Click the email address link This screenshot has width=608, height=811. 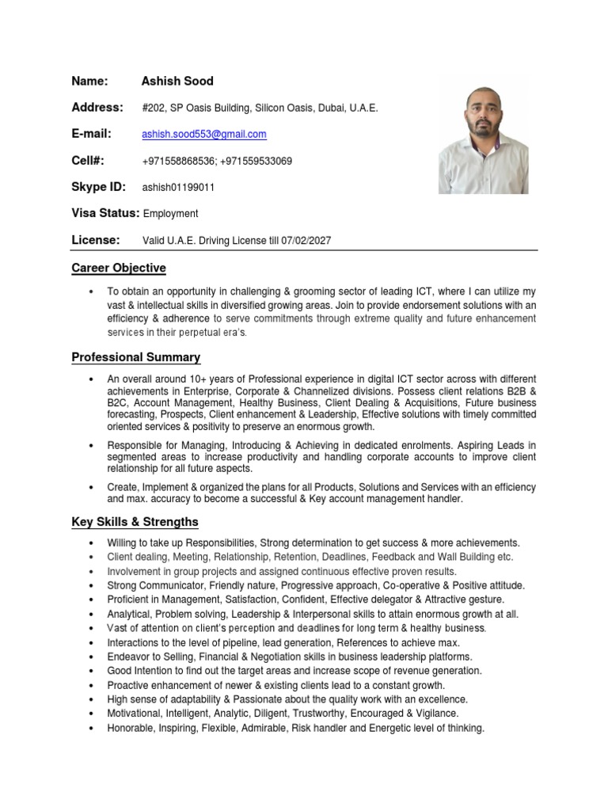tap(203, 135)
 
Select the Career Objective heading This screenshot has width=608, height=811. tap(119, 268)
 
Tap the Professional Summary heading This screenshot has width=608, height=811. tap(135, 357)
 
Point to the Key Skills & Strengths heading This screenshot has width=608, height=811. tap(135, 522)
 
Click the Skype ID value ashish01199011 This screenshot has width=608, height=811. tap(178, 188)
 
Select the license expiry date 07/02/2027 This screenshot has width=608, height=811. tap(306, 241)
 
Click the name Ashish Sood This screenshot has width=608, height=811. tap(177, 81)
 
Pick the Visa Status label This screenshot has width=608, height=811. tap(105, 213)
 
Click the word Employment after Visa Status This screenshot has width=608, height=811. tap(170, 214)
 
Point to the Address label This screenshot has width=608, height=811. tap(97, 107)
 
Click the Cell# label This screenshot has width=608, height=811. tap(88, 161)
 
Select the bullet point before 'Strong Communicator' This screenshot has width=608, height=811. tap(93, 586)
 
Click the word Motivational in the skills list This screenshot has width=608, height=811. tap(135, 714)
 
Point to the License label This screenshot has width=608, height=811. tap(96, 240)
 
